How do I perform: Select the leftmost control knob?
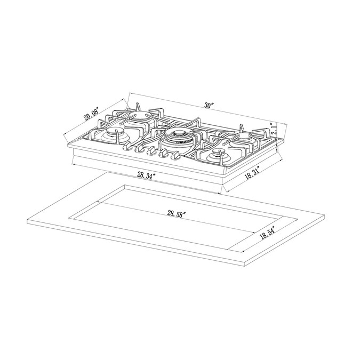point(127,146)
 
